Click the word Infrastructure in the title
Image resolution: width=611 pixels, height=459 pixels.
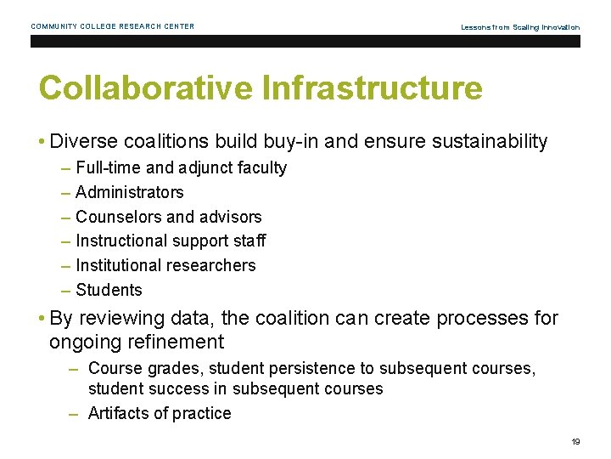(373, 88)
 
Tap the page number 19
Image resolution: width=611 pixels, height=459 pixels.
(575, 441)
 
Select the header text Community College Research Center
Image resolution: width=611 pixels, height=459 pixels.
(113, 26)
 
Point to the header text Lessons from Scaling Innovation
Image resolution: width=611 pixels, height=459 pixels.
(520, 27)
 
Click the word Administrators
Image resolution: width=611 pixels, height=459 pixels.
(130, 192)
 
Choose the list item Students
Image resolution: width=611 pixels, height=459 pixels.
(109, 290)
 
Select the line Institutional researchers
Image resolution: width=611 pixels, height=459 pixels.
(165, 265)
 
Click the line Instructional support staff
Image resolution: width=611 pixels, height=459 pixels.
(171, 241)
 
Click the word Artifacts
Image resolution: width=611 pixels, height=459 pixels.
(120, 413)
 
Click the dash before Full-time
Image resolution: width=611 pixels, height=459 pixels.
(66, 168)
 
